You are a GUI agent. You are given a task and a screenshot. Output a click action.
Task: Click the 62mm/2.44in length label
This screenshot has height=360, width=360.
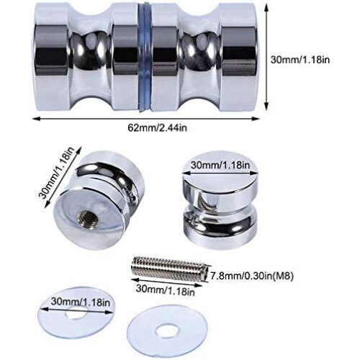pos(157,128)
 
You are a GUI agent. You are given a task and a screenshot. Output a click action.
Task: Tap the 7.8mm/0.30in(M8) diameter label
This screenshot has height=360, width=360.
pos(252,276)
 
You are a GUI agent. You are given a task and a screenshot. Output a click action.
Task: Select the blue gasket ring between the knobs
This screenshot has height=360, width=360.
pos(145,58)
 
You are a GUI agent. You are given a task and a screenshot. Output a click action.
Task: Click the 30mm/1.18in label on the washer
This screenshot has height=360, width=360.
pos(81,302)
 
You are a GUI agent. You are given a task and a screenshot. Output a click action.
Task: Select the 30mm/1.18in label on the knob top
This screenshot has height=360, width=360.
pos(220,165)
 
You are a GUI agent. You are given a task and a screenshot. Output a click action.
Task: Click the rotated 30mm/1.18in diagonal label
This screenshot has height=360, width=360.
pos(57,172)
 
